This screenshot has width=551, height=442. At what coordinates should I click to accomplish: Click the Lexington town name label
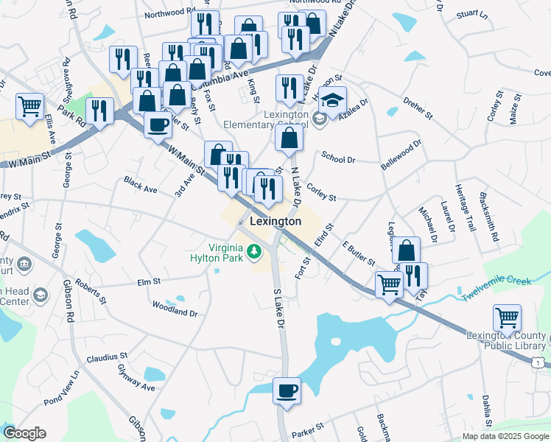(275, 221)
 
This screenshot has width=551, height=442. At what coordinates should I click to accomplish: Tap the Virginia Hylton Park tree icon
(255, 253)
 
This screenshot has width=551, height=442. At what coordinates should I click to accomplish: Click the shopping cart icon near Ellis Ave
(29, 106)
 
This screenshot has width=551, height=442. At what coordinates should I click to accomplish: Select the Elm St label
(149, 281)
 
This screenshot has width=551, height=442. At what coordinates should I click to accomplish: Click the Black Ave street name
(141, 185)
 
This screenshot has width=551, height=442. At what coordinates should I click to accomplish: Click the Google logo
(24, 433)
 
